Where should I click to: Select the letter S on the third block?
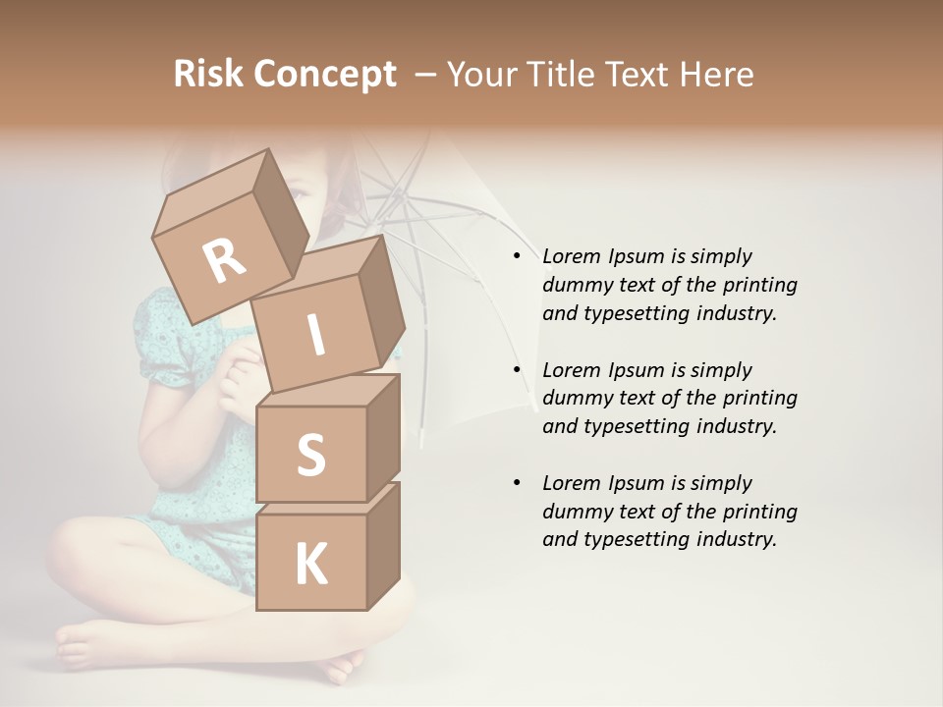coord(310,455)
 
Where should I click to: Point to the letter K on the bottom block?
coord(310,565)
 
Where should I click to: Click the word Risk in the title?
coord(208,74)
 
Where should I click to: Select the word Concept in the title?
coord(324,75)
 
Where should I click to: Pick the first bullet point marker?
coord(517,256)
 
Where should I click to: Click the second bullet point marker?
coord(517,370)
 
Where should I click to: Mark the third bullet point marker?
coord(517,483)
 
